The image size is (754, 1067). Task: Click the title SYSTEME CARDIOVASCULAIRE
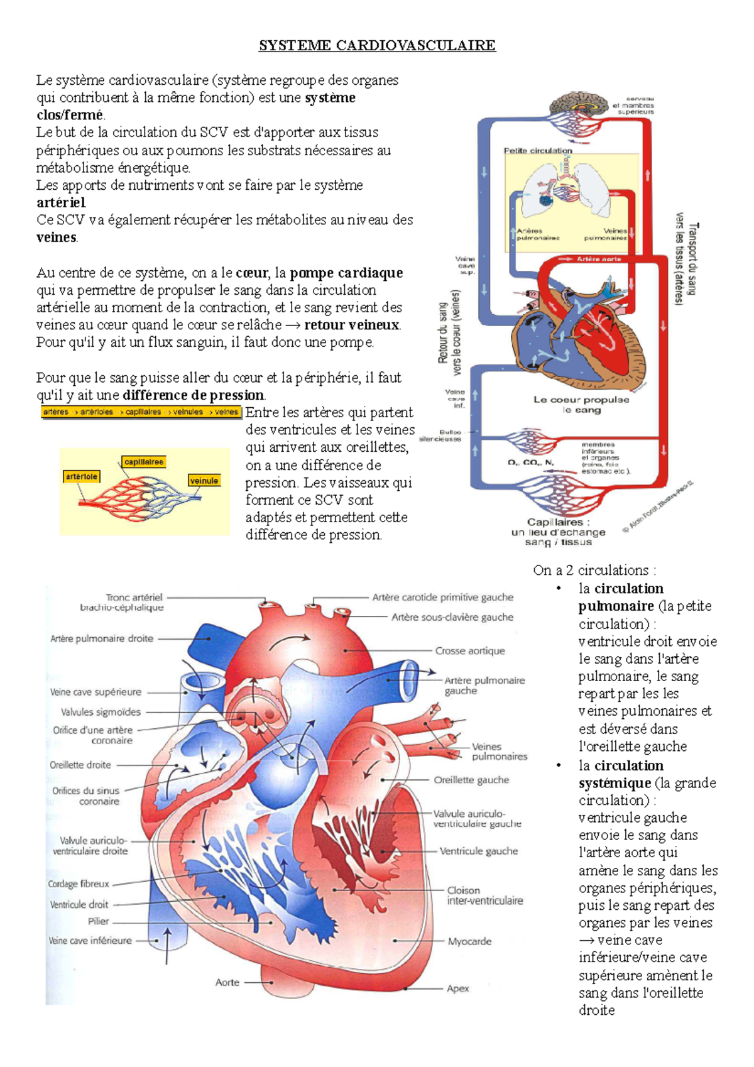[x=377, y=46]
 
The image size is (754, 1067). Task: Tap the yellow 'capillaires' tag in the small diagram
[x=144, y=462]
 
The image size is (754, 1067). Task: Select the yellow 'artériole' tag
[x=82, y=477]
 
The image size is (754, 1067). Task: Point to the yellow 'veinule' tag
[x=204, y=481]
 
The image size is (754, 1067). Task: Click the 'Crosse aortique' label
[x=470, y=651]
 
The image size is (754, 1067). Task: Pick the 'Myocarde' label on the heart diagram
[x=469, y=941]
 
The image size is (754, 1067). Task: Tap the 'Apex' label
[x=458, y=988]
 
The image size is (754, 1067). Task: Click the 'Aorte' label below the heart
[x=227, y=982]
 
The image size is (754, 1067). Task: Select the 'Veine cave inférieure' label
[x=90, y=941]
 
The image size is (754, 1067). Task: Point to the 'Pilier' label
[x=98, y=921]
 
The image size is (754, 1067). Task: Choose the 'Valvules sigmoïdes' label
[x=101, y=712]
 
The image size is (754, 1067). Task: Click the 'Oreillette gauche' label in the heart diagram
[x=471, y=780]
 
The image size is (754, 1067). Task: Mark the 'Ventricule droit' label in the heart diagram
[x=79, y=904]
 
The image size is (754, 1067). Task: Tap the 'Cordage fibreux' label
[x=79, y=884]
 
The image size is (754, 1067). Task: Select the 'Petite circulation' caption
[x=538, y=151]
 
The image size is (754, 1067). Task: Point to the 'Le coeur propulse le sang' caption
[x=581, y=404]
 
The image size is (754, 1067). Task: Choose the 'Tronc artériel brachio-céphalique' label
[x=123, y=602]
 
